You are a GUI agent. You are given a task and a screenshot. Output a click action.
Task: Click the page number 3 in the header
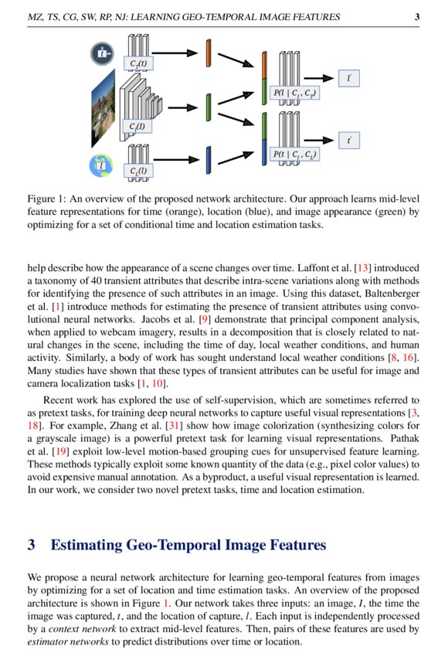pyautogui.click(x=416, y=17)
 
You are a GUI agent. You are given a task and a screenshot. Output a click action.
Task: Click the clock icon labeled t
pyautogui.click(x=100, y=53)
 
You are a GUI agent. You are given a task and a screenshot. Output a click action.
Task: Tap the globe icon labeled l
pyautogui.click(x=100, y=164)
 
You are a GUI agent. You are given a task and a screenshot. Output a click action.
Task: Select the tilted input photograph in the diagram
pyautogui.click(x=101, y=108)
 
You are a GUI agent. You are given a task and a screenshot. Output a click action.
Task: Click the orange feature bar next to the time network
pyautogui.click(x=208, y=53)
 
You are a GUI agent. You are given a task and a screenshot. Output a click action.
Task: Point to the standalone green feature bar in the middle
pyautogui.click(x=208, y=107)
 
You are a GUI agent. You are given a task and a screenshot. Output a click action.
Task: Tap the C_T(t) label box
pyautogui.click(x=140, y=63)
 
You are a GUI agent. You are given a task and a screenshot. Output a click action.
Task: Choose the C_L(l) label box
pyautogui.click(x=140, y=171)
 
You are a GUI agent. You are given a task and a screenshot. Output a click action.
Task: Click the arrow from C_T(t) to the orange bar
pyautogui.click(x=178, y=53)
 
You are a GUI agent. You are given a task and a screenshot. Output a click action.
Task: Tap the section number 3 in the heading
pyautogui.click(x=32, y=546)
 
